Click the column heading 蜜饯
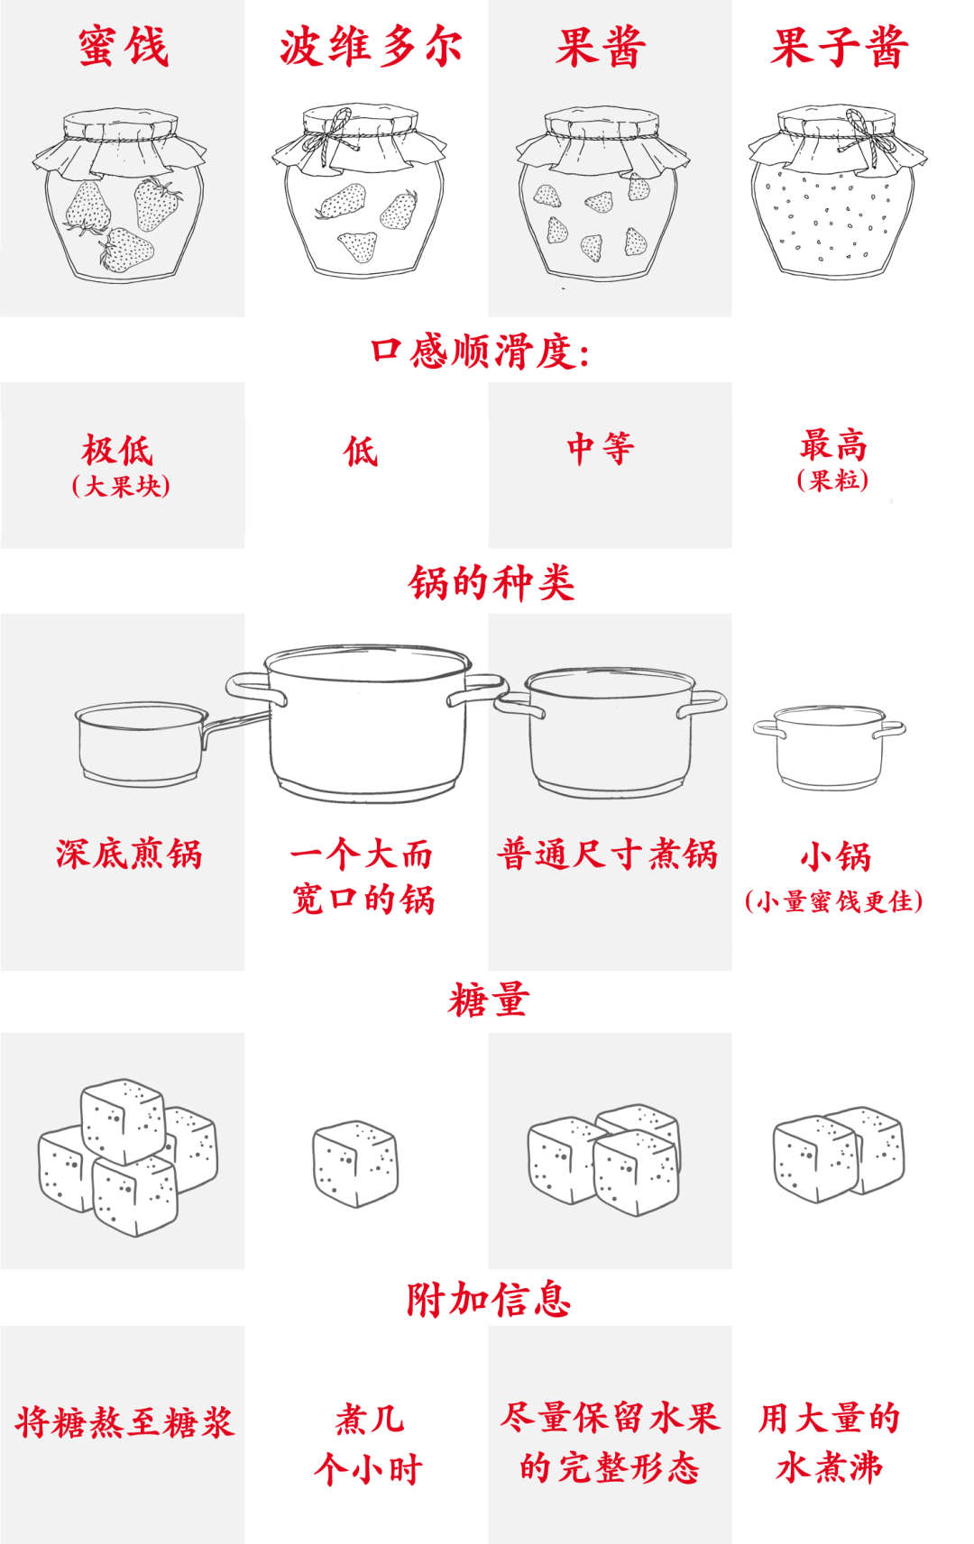(x=123, y=47)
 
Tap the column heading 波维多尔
(x=370, y=47)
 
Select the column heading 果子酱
(x=839, y=47)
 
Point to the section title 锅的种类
(x=491, y=583)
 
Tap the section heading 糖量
(x=488, y=1000)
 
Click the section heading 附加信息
(x=488, y=1300)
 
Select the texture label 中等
(x=601, y=448)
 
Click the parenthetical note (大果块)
(x=122, y=487)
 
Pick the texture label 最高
(x=833, y=444)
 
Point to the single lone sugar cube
(x=355, y=1163)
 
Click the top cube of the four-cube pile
(x=123, y=1118)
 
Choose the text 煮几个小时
(x=368, y=1444)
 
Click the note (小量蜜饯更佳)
(x=833, y=901)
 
